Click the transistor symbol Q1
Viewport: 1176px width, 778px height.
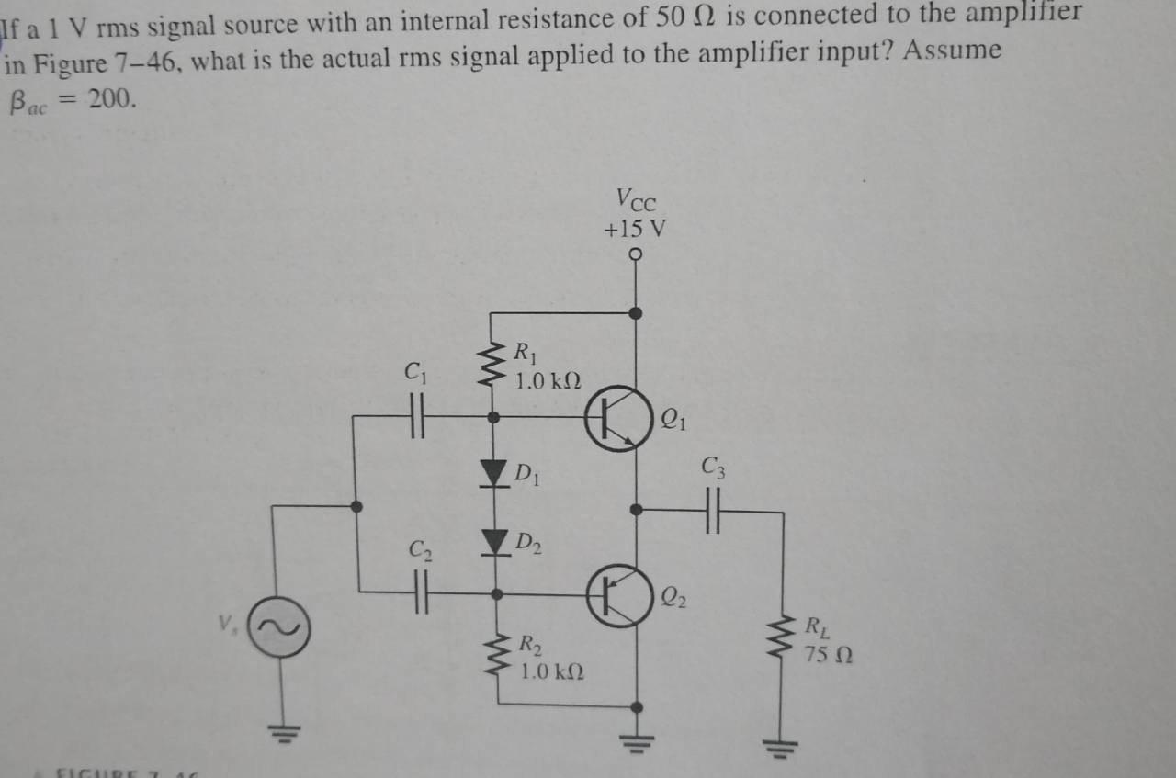click(617, 418)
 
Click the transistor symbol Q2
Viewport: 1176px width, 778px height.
click(616, 595)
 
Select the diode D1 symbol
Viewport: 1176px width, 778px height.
click(495, 473)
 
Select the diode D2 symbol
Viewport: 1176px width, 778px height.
click(495, 541)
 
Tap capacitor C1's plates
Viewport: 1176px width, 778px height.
click(417, 416)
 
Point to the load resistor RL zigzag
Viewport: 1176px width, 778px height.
click(784, 639)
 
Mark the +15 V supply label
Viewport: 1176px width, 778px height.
click(635, 228)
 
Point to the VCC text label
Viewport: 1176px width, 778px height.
click(636, 198)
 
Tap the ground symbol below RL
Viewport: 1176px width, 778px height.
click(784, 745)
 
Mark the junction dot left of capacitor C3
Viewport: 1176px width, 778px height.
click(636, 508)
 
